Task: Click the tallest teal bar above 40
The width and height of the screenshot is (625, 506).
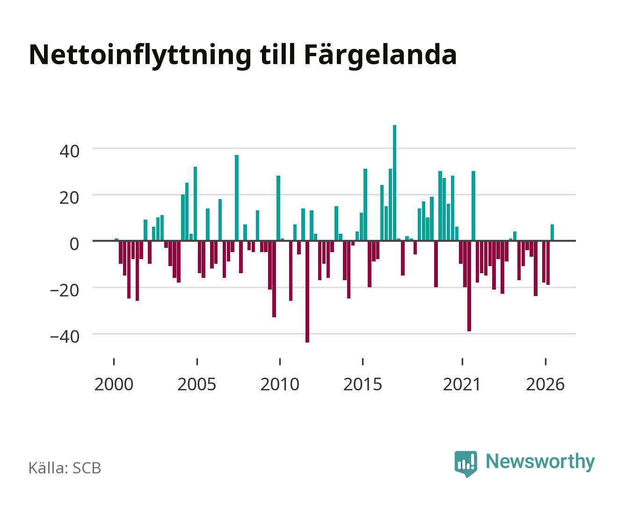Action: [x=394, y=183]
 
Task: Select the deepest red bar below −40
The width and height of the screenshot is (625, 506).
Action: [x=307, y=291]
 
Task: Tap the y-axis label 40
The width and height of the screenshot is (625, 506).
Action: [x=69, y=152]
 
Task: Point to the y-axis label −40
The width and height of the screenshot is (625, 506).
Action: [x=65, y=337]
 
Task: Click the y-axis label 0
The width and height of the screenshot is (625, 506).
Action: [x=74, y=244]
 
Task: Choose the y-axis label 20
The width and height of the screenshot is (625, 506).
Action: [x=69, y=198]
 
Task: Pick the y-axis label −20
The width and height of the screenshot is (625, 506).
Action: [x=65, y=290]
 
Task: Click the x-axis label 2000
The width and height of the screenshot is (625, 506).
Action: [x=114, y=384]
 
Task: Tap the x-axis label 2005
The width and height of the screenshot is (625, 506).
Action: [x=197, y=384]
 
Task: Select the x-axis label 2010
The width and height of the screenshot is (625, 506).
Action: [x=280, y=384]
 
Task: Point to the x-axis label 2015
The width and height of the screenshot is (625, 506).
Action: [x=363, y=384]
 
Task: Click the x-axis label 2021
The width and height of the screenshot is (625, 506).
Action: [x=462, y=384]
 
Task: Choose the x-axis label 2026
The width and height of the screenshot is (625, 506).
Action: [x=545, y=384]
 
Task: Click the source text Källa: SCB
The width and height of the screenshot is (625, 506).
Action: [x=65, y=468]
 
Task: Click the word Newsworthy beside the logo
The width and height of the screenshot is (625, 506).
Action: [x=540, y=462]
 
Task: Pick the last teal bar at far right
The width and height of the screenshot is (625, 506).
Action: [x=552, y=232]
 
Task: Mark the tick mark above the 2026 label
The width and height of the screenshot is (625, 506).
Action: [x=545, y=361]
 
